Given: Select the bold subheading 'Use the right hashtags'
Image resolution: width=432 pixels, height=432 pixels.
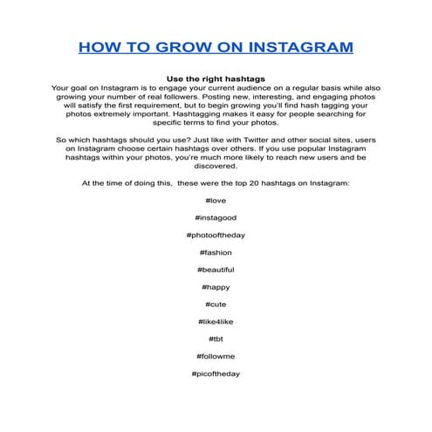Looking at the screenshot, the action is (x=215, y=79).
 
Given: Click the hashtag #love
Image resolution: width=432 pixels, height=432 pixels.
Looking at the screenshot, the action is (x=215, y=201).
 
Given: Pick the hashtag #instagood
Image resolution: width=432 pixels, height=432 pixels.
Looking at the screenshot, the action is (x=215, y=218).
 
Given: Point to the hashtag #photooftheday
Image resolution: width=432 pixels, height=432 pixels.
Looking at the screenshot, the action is (x=215, y=236).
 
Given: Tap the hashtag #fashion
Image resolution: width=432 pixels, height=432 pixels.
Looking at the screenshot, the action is (x=215, y=253).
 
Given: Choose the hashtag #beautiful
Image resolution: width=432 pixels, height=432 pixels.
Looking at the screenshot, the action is (x=215, y=270).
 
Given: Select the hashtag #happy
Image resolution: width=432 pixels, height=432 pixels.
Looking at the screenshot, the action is (x=215, y=287).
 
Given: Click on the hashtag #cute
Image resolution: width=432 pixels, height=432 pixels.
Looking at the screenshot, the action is (x=215, y=305).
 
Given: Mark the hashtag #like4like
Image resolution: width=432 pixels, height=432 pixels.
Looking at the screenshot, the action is (x=215, y=322).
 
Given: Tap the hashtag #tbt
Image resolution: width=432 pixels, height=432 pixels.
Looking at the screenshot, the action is (x=215, y=339).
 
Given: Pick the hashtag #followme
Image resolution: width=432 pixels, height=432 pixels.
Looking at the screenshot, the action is (x=215, y=356).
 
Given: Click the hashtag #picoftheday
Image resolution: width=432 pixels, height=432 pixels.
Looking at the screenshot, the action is (x=215, y=374).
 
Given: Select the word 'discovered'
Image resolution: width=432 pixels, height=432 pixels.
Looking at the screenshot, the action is (x=215, y=166).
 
